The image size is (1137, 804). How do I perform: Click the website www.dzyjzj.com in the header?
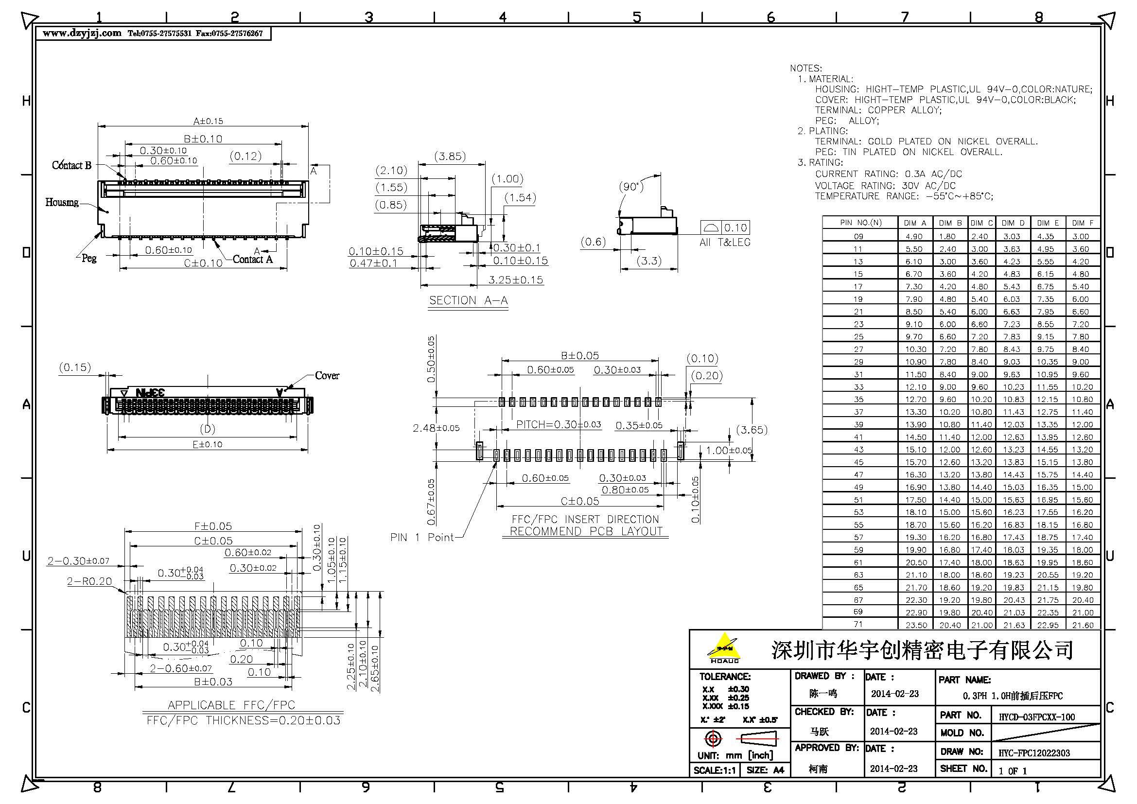click(82, 33)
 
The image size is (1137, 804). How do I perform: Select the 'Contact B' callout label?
click(72, 165)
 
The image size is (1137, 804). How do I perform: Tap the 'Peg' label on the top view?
click(89, 258)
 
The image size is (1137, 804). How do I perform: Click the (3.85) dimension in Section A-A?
click(450, 157)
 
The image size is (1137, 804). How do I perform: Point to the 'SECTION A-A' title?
click(468, 300)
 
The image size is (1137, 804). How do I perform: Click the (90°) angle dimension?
click(631, 187)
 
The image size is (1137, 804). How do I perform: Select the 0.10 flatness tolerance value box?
click(735, 227)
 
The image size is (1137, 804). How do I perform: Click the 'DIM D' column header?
click(1013, 223)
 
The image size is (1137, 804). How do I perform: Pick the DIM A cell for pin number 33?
click(916, 387)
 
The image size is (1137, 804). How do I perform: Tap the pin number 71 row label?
click(858, 625)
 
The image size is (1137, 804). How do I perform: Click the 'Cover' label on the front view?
click(327, 376)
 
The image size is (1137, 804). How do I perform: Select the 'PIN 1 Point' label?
click(422, 537)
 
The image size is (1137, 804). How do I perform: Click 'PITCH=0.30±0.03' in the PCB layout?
click(558, 424)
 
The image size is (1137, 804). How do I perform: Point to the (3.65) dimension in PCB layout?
click(752, 430)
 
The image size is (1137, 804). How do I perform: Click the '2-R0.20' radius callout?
click(89, 581)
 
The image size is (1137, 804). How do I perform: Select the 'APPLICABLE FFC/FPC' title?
click(231, 705)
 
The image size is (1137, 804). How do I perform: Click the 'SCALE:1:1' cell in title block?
click(714, 770)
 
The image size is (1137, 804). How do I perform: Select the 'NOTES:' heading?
click(805, 69)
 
